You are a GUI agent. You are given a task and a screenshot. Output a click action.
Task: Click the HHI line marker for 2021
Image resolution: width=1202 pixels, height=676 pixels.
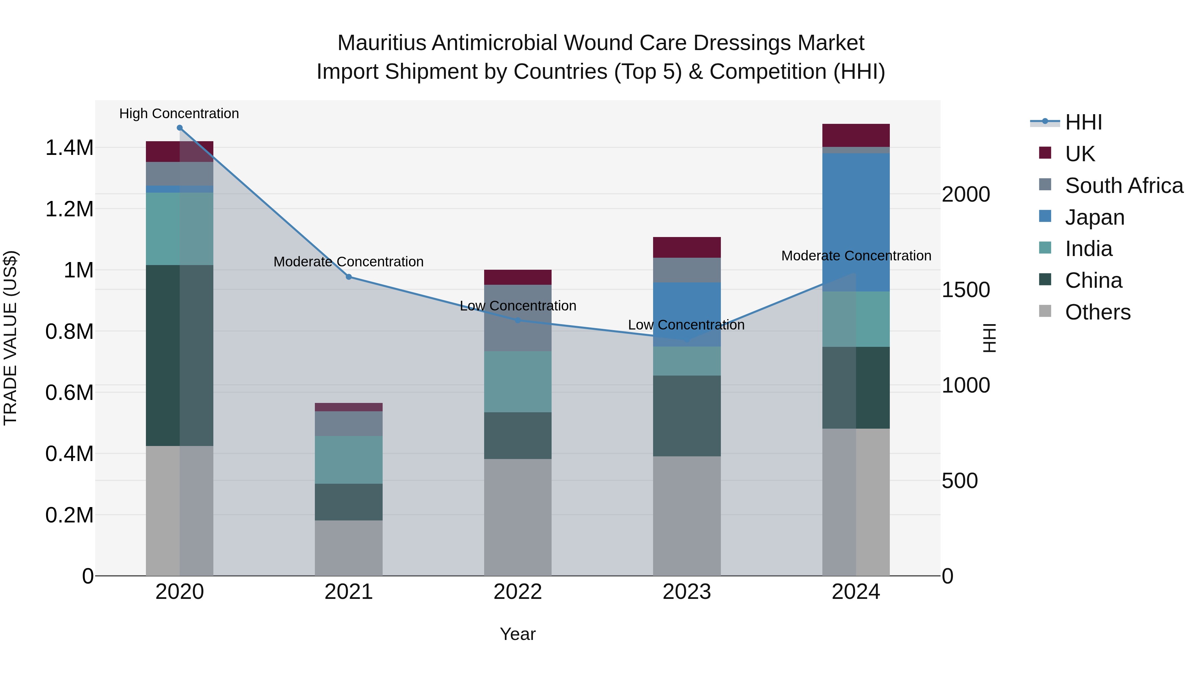coord(349,277)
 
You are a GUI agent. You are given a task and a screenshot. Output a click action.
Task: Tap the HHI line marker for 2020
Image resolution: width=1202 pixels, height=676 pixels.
coord(180,128)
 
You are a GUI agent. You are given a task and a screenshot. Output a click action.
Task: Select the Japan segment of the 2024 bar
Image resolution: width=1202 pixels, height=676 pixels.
coord(856,222)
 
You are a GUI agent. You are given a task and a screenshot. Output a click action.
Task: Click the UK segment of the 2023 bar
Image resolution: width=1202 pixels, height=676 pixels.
coord(686,247)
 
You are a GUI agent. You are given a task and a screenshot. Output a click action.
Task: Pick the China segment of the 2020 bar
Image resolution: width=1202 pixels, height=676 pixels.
coord(180,355)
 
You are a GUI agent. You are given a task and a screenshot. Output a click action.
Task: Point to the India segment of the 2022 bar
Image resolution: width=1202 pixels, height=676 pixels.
coord(518,382)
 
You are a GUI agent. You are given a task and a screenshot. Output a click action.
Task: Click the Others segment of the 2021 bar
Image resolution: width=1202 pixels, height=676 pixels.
coord(349,548)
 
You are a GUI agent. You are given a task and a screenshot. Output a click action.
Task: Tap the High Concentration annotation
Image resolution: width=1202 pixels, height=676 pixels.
coord(179,114)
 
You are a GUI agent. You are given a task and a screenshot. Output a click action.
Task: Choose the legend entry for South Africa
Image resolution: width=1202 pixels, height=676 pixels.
coord(1124,186)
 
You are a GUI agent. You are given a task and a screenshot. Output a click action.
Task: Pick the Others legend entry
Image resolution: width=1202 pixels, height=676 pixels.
coord(1097,312)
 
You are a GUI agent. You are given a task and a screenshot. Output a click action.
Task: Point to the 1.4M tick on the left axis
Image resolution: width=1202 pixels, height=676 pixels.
coord(69,148)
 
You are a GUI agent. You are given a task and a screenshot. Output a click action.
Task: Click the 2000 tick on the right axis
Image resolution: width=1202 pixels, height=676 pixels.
coord(965,195)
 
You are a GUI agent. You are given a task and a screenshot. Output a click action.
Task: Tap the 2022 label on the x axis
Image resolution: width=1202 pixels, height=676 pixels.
coord(518,592)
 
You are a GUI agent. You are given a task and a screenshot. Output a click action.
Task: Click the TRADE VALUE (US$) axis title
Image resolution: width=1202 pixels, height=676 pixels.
coord(10,338)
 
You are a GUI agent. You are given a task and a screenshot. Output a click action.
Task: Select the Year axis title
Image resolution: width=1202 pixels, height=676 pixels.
coord(518,634)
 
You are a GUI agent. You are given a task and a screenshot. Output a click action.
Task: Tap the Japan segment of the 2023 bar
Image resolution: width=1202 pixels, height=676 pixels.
coord(686,314)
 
